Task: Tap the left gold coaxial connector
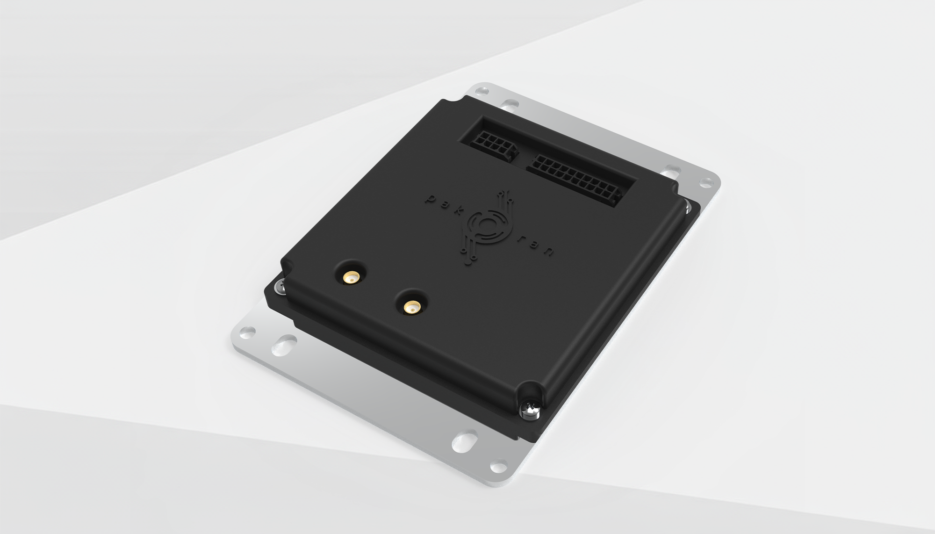(x=350, y=278)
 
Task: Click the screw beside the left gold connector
(x=280, y=286)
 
